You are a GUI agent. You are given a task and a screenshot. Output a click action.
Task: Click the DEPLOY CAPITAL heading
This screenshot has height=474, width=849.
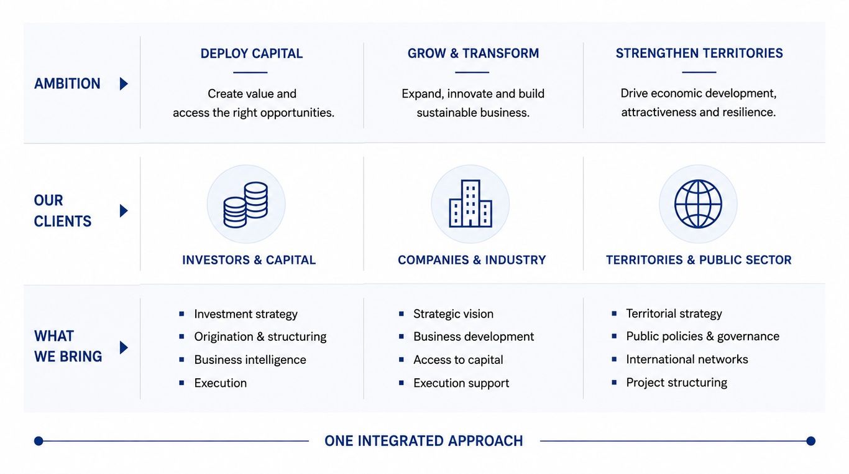[252, 53]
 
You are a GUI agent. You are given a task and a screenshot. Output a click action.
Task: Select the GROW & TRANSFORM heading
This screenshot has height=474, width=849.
[473, 53]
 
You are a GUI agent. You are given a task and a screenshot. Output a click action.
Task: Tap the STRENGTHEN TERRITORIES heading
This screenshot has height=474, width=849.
[699, 53]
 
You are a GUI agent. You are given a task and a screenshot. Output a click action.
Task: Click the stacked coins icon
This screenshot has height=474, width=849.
[246, 205]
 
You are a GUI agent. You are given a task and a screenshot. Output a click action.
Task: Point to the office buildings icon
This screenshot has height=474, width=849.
[470, 203]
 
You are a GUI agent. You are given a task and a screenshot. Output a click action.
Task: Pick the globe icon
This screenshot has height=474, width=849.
[698, 203]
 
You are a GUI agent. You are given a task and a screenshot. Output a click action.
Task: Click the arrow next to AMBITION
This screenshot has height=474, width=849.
[124, 83]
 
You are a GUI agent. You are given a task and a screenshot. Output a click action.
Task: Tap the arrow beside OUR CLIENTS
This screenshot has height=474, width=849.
[124, 211]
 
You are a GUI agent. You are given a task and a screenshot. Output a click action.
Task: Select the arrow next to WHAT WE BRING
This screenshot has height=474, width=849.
[124, 347]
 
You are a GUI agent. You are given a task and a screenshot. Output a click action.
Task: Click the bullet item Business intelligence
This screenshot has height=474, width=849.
[250, 360]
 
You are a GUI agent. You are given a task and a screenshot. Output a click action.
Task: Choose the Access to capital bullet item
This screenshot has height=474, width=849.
[458, 360]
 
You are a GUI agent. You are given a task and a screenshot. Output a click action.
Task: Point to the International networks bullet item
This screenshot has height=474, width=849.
[687, 359]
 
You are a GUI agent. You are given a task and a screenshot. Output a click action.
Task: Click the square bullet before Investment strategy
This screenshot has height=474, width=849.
[181, 314]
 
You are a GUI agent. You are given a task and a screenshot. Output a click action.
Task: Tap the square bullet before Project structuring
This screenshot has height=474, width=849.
[614, 382]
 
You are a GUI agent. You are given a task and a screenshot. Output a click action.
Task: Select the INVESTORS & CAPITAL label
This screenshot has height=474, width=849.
[249, 260]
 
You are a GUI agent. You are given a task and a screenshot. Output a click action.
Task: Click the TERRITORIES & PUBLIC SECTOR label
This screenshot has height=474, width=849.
[699, 260]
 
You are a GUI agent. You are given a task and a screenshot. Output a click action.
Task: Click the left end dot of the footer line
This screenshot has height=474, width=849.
[39, 441]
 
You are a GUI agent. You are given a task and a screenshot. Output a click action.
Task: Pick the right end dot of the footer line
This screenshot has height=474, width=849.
[810, 441]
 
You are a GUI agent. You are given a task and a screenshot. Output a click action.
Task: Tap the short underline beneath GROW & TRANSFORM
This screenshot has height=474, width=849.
[472, 72]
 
